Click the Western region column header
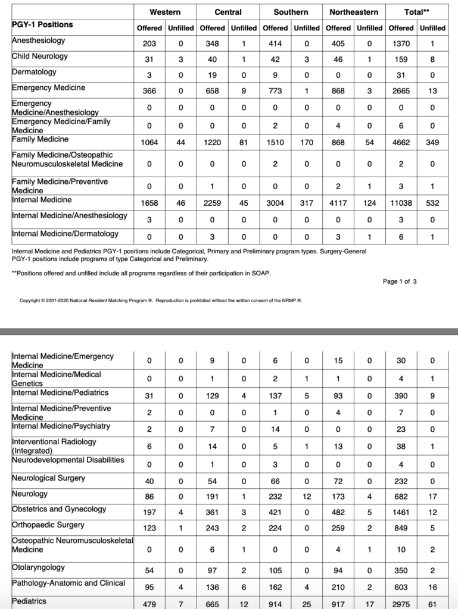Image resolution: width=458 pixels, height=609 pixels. point(165,12)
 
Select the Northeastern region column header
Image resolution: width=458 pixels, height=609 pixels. point(354,12)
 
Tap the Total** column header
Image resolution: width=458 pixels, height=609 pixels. point(416,12)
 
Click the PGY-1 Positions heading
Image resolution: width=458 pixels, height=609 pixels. point(42,25)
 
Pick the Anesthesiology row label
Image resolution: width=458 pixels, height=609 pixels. point(39,41)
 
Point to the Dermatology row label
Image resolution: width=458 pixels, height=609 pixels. point(34,72)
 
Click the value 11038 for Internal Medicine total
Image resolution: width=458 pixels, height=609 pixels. point(401,203)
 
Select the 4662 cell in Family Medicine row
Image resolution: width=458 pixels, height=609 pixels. point(401,142)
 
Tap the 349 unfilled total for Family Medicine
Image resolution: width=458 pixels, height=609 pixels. point(432,142)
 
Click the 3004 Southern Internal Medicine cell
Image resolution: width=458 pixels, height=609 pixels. point(275,203)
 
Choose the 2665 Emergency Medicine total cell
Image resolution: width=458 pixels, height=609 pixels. point(401,91)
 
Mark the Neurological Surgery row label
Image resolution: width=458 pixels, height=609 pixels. point(48,478)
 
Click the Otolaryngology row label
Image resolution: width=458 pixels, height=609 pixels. point(39,567)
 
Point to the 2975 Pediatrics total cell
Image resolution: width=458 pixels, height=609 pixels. point(401,604)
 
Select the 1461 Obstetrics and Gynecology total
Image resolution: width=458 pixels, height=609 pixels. point(401,512)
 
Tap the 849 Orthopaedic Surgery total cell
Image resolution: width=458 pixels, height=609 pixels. point(401,528)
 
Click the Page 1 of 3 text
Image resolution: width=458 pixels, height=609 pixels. point(400,282)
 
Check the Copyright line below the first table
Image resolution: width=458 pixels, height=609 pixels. point(161,300)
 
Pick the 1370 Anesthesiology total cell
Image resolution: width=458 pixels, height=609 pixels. point(401,43)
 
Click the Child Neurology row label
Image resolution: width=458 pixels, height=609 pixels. point(40,56)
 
